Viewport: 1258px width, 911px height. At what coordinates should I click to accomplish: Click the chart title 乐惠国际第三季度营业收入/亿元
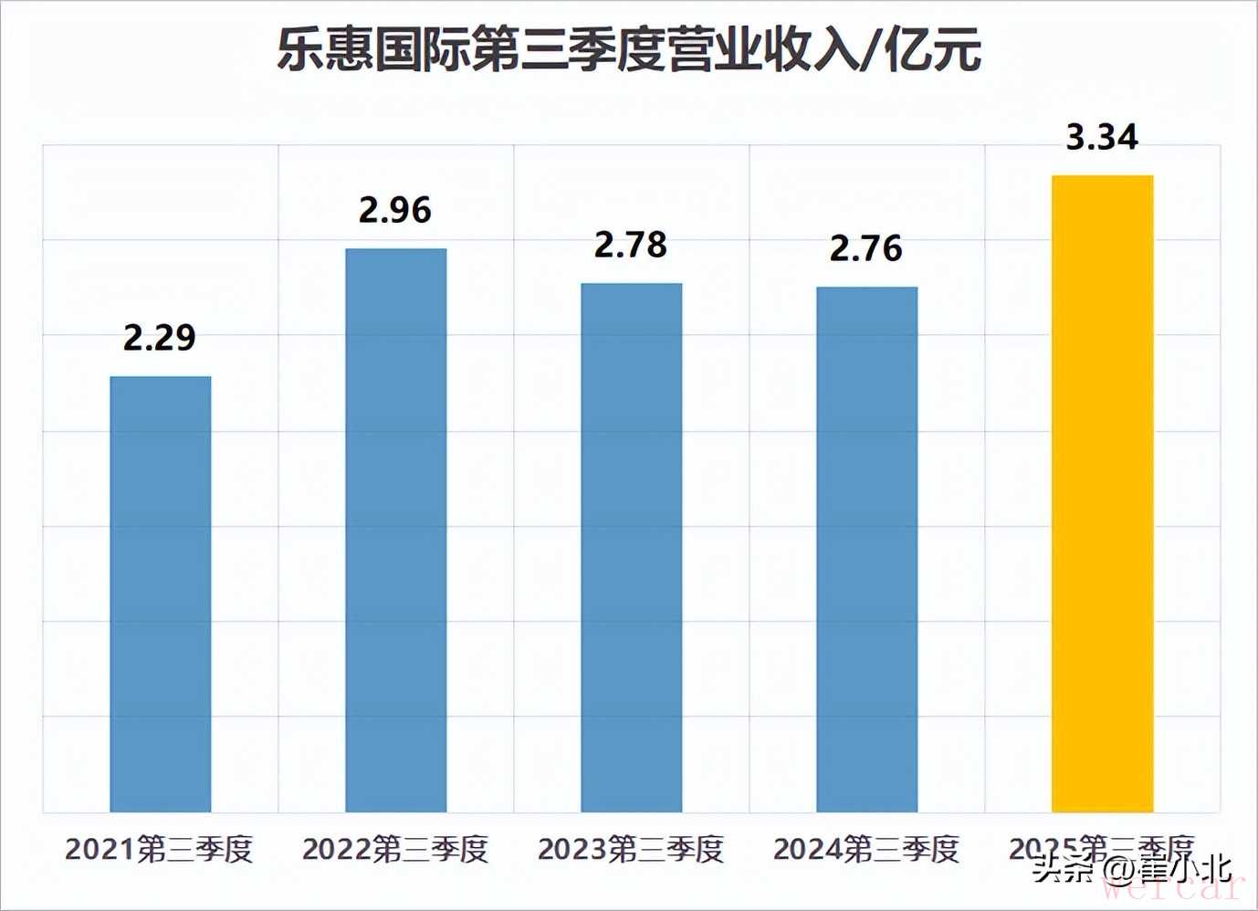pos(629,49)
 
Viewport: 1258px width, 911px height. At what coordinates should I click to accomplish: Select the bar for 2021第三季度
pos(161,593)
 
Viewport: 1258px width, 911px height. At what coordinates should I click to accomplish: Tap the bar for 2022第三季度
pos(395,529)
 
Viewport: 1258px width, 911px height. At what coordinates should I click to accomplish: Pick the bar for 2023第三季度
pos(631,548)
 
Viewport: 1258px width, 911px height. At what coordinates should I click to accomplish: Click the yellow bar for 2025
pos(1102,493)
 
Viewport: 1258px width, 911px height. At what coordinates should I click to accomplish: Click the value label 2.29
pos(160,338)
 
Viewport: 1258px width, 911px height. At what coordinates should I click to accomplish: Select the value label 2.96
pos(394,210)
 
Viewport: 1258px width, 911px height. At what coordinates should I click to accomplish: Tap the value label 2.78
pos(631,245)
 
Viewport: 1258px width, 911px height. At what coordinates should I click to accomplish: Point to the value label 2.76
pos(865,248)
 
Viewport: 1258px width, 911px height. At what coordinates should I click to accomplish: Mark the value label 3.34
pos(1102,137)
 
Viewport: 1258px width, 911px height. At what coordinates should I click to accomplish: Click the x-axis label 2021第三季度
pos(160,850)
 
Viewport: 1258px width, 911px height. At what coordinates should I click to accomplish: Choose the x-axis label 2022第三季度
pos(395,850)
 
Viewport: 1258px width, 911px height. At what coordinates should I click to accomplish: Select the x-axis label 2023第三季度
pos(631,850)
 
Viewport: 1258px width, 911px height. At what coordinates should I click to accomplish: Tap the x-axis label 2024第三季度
pos(866,850)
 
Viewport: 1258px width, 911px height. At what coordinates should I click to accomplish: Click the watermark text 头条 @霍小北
pos(1132,869)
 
